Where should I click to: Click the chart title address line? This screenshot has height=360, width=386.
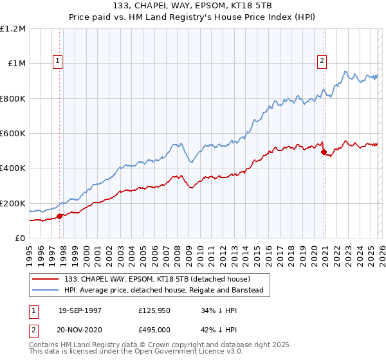click(193, 6)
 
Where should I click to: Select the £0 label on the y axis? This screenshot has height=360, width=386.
click(19, 239)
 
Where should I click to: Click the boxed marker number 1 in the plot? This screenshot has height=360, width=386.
click(58, 61)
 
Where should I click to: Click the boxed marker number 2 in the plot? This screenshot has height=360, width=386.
click(322, 61)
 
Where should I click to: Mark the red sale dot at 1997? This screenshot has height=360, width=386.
click(60, 216)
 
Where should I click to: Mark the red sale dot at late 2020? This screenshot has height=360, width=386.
click(323, 152)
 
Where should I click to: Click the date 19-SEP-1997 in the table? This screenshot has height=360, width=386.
click(80, 310)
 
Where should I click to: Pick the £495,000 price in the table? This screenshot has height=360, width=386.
click(154, 329)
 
